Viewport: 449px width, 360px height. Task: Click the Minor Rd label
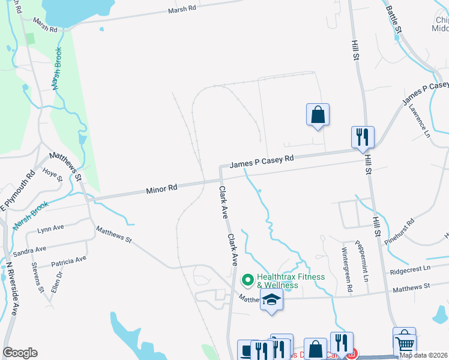161,188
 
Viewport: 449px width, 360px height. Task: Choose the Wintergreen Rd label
346,270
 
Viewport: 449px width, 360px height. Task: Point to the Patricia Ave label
69,262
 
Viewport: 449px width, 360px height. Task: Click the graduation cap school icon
271,300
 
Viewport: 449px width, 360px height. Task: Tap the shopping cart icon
405,343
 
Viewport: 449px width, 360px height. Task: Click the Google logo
20,353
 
